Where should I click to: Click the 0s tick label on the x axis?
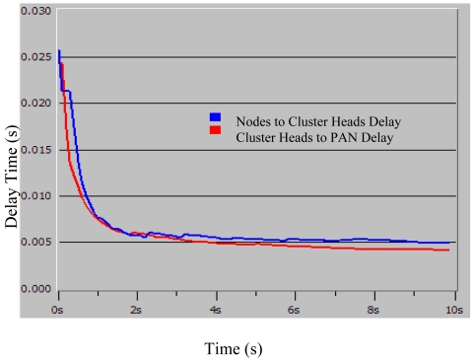pos(59,310)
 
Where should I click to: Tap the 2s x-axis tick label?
pos(138,310)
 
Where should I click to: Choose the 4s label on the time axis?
pos(217,310)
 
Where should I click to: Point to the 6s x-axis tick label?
pos(295,310)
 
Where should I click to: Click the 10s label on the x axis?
pos(450,310)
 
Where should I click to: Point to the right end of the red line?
pos(448,251)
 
